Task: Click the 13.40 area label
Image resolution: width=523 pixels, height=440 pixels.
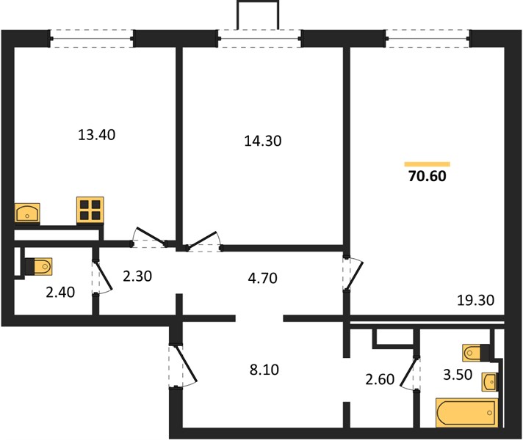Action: pyautogui.click(x=96, y=135)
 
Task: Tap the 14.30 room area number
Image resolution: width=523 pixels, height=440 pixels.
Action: pyautogui.click(x=263, y=142)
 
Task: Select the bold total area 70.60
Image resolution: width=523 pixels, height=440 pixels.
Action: pyautogui.click(x=427, y=176)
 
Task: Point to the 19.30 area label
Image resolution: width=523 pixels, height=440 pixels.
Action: pyautogui.click(x=475, y=301)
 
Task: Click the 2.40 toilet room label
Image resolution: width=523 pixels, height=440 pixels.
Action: pyautogui.click(x=60, y=292)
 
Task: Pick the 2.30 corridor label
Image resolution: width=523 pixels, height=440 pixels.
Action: pyautogui.click(x=137, y=276)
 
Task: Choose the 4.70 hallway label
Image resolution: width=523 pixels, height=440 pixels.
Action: pyautogui.click(x=263, y=278)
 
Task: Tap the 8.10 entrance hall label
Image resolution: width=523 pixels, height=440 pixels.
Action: pyautogui.click(x=264, y=370)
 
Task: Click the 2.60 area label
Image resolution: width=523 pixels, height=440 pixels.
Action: pyautogui.click(x=380, y=379)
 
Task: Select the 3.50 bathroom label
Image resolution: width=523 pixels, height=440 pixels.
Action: pyautogui.click(x=458, y=375)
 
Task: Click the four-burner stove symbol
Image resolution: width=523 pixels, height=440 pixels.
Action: pyautogui.click(x=90, y=210)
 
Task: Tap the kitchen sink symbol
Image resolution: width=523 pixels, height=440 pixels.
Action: pyautogui.click(x=27, y=213)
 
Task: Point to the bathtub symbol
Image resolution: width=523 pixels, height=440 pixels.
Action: pyautogui.click(x=466, y=413)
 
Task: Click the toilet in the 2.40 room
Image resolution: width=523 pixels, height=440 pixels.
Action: pyautogui.click(x=39, y=267)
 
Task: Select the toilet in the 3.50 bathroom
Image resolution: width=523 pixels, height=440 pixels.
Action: pyautogui.click(x=476, y=353)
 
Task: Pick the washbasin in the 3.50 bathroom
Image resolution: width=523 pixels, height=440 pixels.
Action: pyautogui.click(x=489, y=382)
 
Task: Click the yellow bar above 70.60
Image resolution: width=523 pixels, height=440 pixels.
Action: pyautogui.click(x=428, y=164)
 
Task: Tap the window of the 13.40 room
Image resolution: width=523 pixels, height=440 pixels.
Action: pyautogui.click(x=92, y=39)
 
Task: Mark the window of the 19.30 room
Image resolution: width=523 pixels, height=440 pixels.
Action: pyautogui.click(x=428, y=39)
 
